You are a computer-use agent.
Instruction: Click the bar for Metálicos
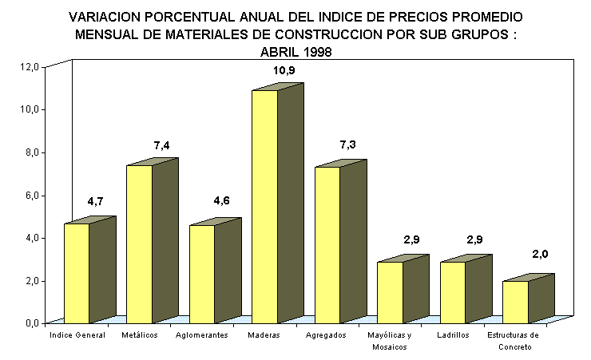click(140, 243)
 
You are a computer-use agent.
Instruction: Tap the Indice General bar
click(77, 273)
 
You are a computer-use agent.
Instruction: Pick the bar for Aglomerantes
click(202, 274)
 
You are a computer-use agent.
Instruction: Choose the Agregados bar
click(327, 244)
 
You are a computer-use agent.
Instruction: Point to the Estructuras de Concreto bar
click(515, 302)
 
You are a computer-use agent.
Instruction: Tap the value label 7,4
click(162, 145)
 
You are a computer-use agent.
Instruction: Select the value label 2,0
click(539, 254)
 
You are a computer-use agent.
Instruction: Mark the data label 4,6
click(222, 200)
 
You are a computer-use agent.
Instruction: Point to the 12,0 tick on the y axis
click(30, 67)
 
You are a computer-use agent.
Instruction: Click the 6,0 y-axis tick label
click(30, 196)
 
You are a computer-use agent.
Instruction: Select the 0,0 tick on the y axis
click(30, 323)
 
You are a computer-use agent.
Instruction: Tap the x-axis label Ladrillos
click(454, 335)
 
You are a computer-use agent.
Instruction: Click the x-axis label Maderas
click(264, 335)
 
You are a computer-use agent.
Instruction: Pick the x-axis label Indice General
click(77, 335)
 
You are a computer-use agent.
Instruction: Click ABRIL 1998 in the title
click(295, 51)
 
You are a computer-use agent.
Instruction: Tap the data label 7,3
click(348, 145)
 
